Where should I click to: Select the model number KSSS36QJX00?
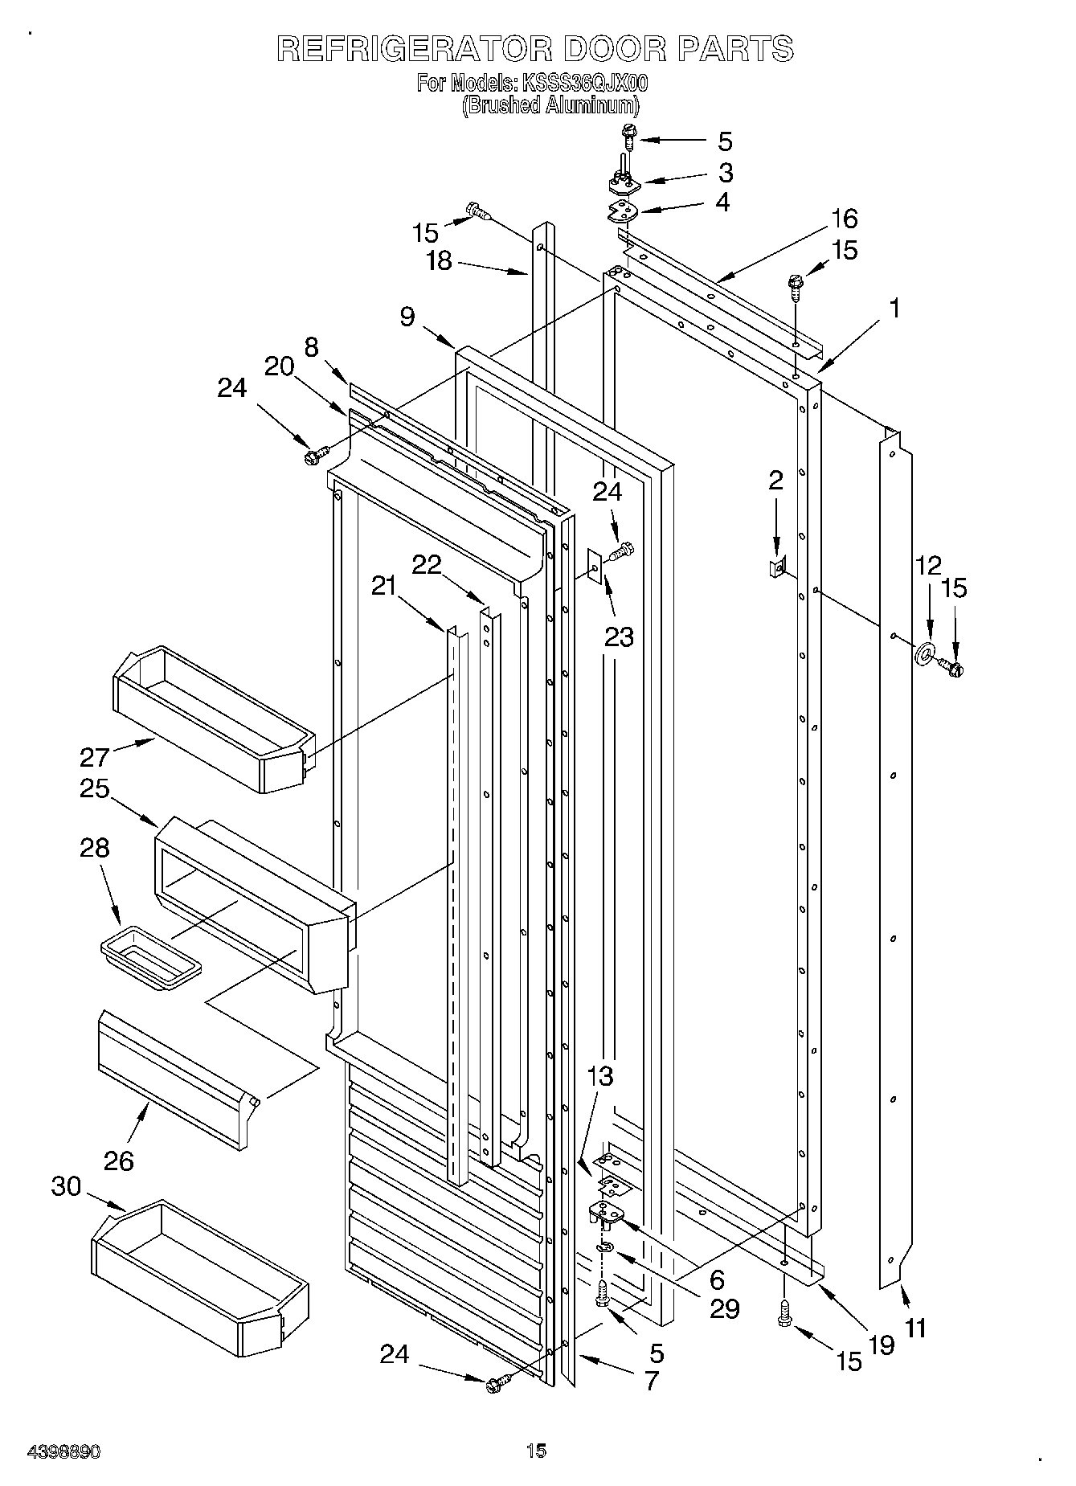[584, 83]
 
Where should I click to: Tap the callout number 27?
[93, 757]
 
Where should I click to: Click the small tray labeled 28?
[150, 959]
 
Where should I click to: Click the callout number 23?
[620, 637]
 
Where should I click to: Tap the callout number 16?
[844, 219]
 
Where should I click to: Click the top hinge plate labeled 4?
[621, 212]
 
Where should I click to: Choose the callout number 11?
[914, 1328]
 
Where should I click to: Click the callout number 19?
[881, 1345]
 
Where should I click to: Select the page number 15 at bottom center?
[536, 1451]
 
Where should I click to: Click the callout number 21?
[384, 585]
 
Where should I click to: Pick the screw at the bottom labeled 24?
[497, 1384]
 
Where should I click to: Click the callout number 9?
[407, 317]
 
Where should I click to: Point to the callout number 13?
[600, 1076]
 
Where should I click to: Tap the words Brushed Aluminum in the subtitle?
[551, 105]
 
